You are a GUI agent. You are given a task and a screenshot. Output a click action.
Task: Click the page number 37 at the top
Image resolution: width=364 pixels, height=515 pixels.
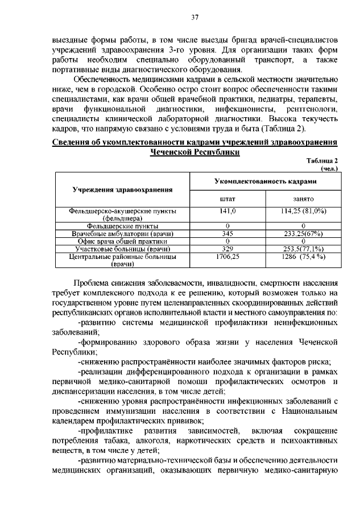195,18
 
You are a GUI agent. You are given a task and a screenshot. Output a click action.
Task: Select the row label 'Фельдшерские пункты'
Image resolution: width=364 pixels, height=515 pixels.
122,226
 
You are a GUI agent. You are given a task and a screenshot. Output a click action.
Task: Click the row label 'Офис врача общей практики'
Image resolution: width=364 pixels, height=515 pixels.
122,241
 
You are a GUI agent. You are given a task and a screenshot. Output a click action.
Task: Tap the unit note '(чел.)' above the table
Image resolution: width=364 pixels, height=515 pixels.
329,168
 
